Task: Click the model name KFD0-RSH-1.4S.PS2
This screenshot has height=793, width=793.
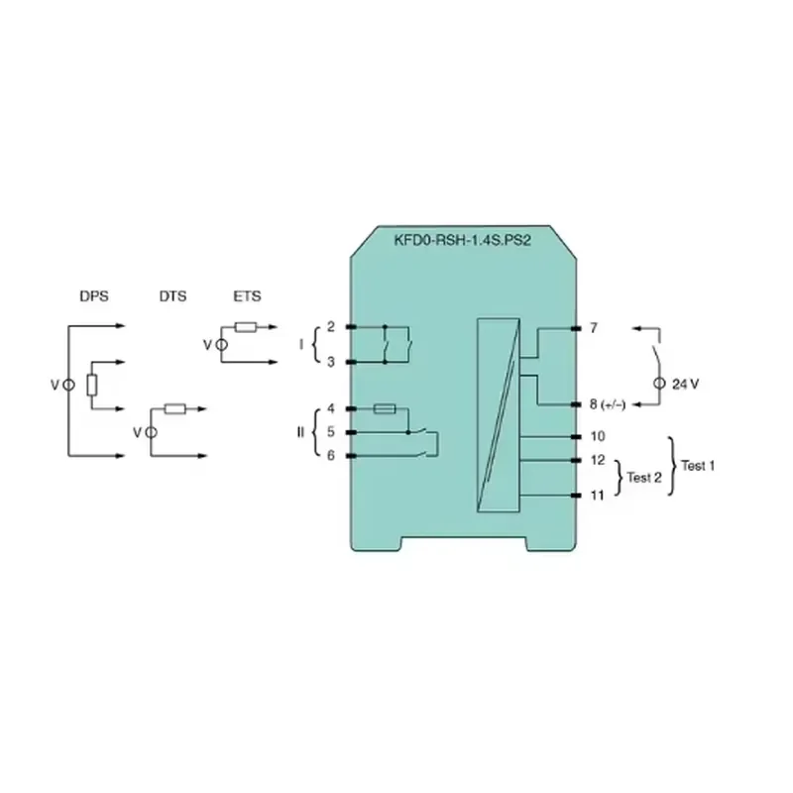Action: point(462,240)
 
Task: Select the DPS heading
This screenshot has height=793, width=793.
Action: point(94,296)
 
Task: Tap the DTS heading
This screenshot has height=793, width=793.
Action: point(172,296)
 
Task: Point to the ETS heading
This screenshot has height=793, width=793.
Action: point(247,296)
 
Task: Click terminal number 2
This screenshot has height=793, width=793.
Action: point(331,327)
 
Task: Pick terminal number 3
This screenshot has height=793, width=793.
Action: point(331,362)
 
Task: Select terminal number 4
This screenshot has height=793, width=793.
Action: point(331,408)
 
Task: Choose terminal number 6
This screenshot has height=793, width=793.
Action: point(331,456)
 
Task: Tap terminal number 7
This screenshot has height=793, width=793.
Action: point(594,328)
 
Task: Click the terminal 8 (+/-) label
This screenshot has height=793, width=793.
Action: point(608,404)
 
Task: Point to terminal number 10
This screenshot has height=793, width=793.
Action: point(598,436)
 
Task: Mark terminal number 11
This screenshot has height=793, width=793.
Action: point(598,495)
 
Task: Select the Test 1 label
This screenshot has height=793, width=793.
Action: point(698,466)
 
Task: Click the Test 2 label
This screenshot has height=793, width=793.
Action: point(643,478)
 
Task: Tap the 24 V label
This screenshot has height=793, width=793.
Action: point(685,385)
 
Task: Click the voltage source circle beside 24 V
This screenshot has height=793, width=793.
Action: point(659,384)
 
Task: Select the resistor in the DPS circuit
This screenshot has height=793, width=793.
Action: point(91,386)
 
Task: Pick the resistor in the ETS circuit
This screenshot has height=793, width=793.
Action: point(246,327)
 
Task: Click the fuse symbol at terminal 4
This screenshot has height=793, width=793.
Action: point(385,408)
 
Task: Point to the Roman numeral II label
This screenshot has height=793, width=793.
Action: point(300,432)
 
